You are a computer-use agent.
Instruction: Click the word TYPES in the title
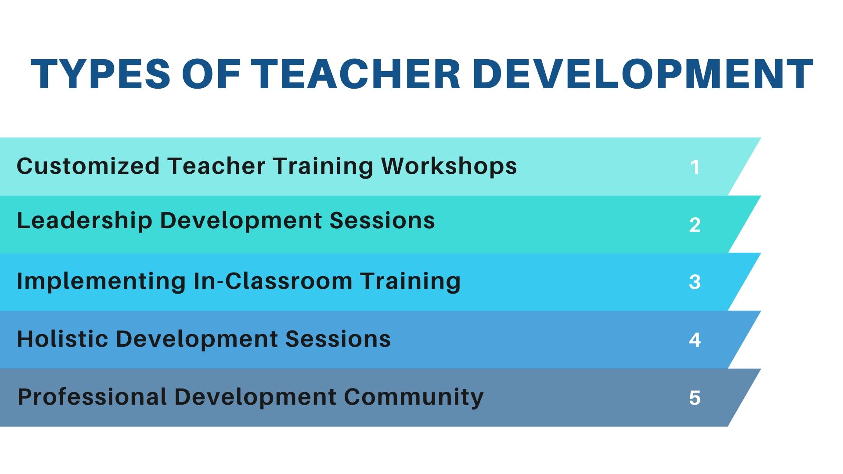pos(101,74)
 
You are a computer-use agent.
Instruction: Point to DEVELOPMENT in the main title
pos(643,74)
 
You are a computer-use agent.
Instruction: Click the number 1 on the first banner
pos(695,167)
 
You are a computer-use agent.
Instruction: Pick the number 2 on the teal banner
pos(695,225)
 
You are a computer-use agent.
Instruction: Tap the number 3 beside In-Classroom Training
pos(695,282)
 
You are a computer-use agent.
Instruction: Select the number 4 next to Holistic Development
pos(695,340)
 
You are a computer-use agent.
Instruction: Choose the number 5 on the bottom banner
pos(695,398)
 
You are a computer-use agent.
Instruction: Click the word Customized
pos(88,166)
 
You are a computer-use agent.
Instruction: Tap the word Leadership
pos(84,221)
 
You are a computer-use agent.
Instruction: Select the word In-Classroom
pos(273,281)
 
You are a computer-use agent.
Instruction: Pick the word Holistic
pos(62,339)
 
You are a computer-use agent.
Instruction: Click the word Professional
pos(92,397)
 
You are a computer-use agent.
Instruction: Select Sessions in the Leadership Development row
pos(382,220)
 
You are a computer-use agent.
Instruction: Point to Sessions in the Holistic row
pos(338,339)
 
